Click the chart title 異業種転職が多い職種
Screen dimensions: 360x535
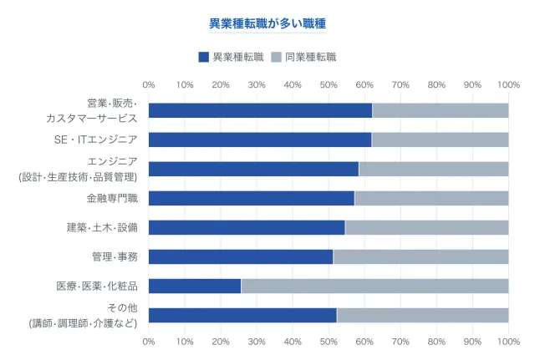tap(267, 24)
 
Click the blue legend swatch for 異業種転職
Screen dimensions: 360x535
tap(204, 57)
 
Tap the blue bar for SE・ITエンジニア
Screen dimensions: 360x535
tap(260, 139)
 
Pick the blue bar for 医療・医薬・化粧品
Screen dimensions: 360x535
tap(195, 286)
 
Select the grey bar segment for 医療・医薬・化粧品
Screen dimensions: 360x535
tap(374, 286)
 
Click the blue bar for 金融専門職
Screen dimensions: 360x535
tap(252, 198)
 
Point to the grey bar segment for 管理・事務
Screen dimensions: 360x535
tap(420, 256)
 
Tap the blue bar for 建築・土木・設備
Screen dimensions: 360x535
tap(247, 227)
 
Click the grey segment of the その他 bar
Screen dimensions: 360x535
tap(422, 315)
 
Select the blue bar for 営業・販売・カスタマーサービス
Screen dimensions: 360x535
tap(260, 110)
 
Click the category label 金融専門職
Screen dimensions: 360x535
tap(112, 198)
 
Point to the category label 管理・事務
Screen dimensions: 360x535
tap(115, 256)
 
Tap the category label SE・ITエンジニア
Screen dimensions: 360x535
tap(95, 139)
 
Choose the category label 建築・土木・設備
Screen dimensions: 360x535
tap(102, 227)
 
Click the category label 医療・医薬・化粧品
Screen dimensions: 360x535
tap(97, 286)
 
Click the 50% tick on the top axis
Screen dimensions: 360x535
tap(329, 84)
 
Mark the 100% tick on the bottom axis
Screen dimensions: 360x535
tap(508, 342)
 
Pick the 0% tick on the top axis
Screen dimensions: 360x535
tap(149, 84)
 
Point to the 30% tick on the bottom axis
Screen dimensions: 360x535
tap(257, 342)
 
